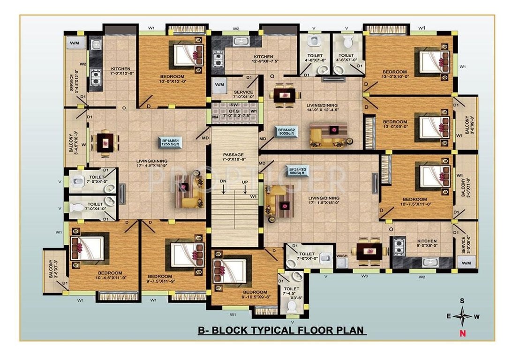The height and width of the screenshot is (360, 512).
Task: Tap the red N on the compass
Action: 463,333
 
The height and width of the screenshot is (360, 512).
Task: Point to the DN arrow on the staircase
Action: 224,186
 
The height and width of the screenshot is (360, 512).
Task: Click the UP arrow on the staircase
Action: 244,186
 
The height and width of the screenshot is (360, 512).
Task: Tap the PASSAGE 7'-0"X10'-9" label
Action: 233,157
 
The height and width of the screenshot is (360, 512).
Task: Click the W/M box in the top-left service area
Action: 75,44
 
